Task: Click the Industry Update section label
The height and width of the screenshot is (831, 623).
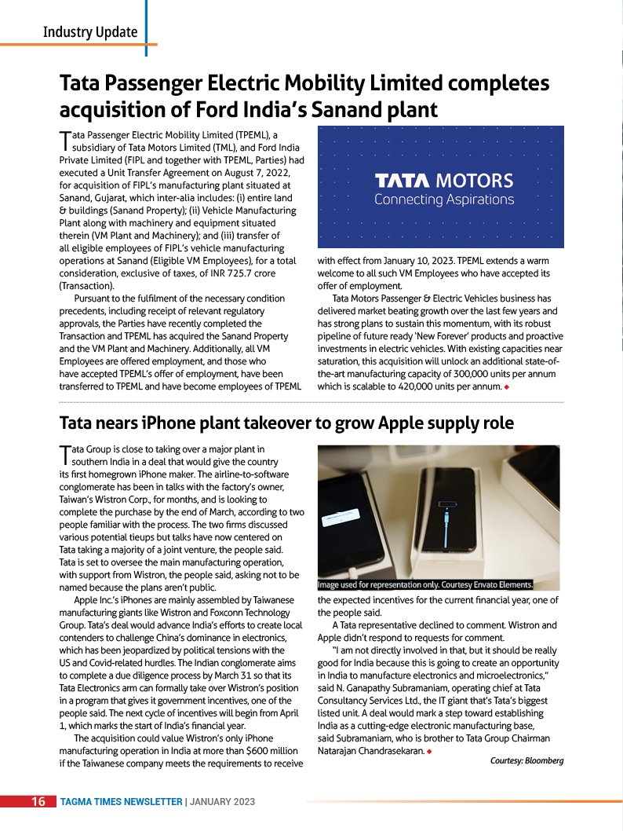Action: (90, 32)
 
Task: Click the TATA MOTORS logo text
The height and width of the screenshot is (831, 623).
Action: (443, 181)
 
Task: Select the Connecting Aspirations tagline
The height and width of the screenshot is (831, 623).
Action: (443, 200)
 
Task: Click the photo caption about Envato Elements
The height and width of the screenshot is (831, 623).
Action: (425, 584)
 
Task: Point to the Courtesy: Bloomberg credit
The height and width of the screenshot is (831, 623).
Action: (526, 760)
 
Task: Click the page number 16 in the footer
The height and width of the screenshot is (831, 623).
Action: (38, 802)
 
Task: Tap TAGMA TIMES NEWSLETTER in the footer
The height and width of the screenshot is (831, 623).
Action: (121, 802)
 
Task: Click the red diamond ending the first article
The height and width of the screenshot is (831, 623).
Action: (508, 387)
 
